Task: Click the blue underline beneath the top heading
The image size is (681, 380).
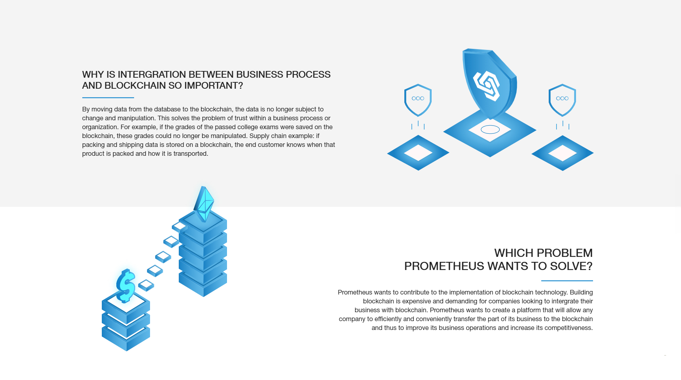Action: click(x=108, y=98)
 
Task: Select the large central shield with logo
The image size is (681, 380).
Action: click(x=490, y=83)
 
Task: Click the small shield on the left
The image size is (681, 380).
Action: click(x=418, y=100)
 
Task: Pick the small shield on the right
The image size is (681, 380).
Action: click(x=562, y=100)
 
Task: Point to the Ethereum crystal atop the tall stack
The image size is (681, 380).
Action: click(x=204, y=204)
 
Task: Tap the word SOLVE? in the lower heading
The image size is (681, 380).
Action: click(x=571, y=266)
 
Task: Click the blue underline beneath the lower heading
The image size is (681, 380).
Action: click(x=567, y=281)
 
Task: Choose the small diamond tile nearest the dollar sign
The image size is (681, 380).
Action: click(x=146, y=285)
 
